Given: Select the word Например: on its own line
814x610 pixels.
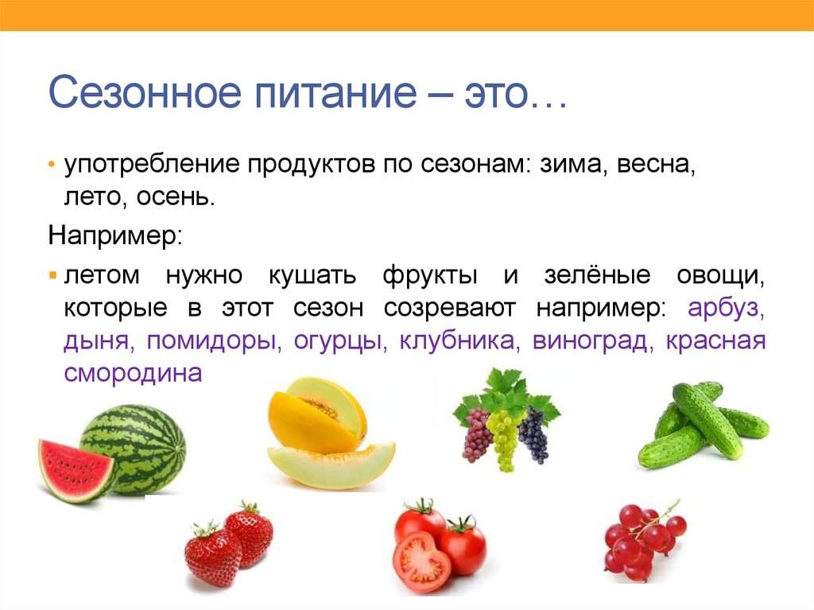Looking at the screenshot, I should click(115, 236).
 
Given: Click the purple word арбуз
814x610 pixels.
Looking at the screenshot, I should click(726, 309).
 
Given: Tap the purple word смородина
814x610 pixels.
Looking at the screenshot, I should click(134, 374).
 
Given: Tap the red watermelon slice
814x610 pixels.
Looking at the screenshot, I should click(74, 469).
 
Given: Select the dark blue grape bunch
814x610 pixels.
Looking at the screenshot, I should click(533, 436).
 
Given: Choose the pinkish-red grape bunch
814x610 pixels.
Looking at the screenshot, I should click(477, 436).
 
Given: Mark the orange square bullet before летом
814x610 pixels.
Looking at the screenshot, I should click(52, 276).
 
